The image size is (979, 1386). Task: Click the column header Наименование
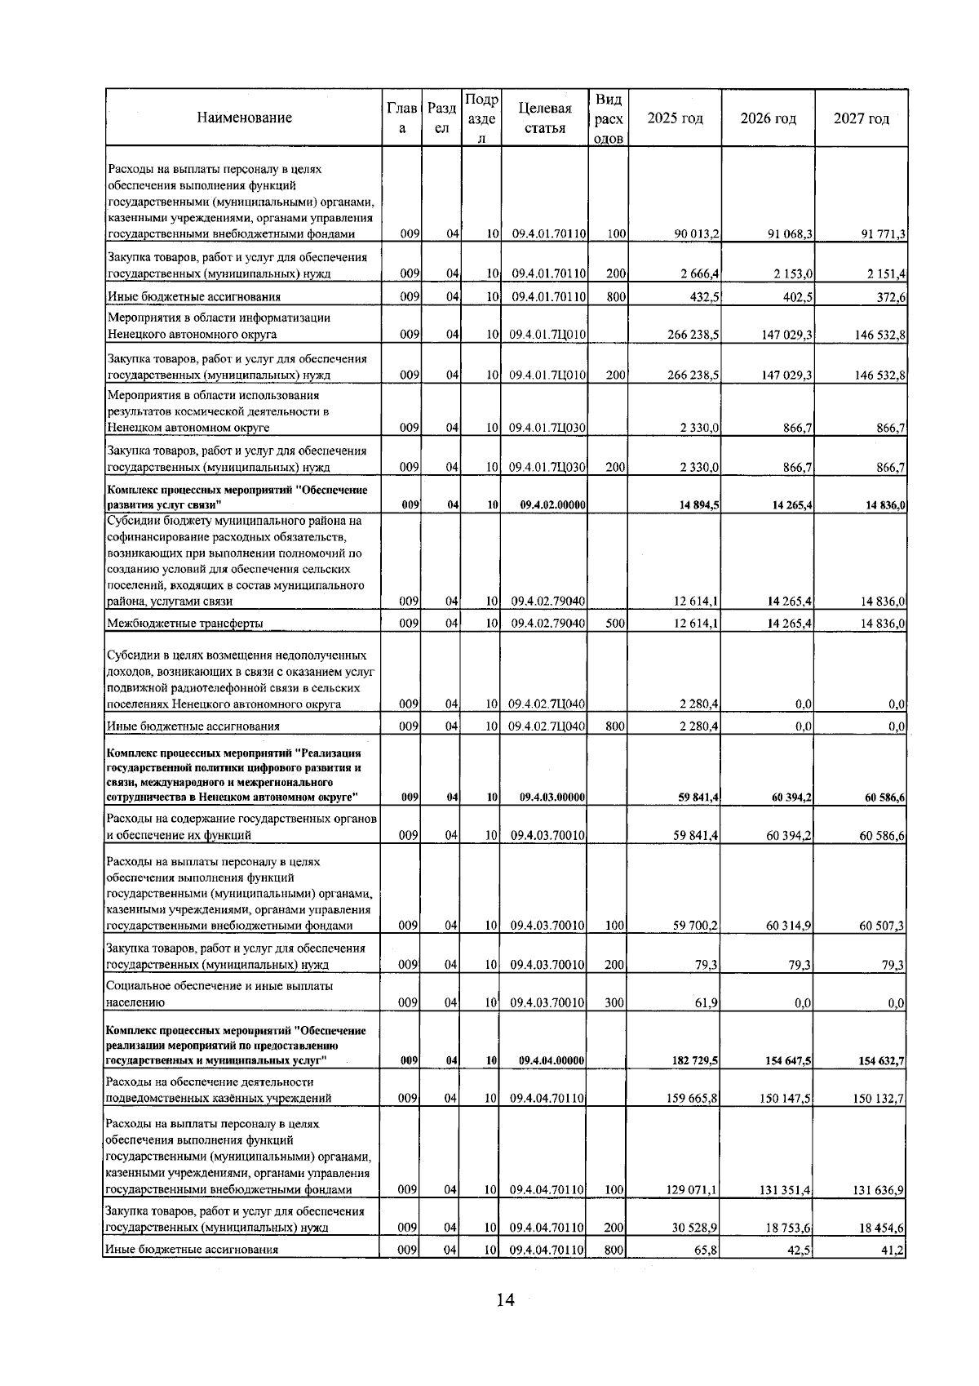point(244,118)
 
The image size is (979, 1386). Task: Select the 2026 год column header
point(768,118)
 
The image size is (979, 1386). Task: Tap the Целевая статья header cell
point(544,118)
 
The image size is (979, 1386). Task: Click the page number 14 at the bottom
point(505,1300)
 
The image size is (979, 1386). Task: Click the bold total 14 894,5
point(698,505)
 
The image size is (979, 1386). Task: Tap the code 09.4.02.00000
point(552,505)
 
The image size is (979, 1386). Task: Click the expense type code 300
point(615,1002)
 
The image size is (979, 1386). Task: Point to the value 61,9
point(707,1002)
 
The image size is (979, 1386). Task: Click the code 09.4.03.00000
point(552,797)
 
